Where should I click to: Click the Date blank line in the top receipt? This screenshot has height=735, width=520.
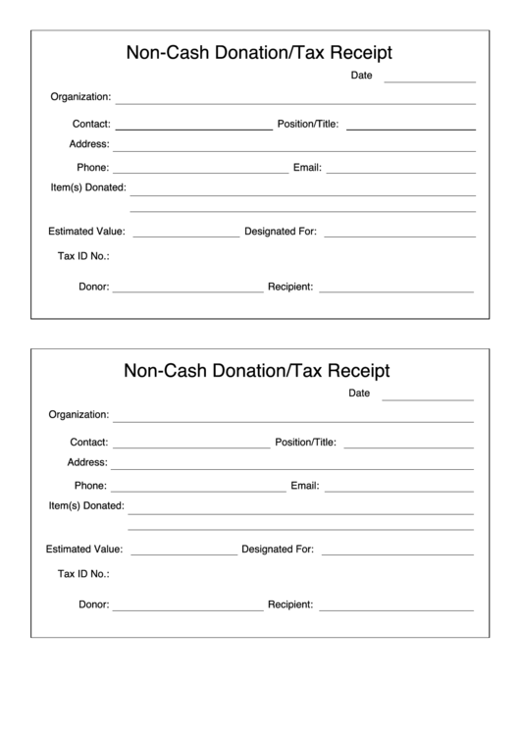pos(430,80)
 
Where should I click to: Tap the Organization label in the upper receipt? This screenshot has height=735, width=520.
pos(80,97)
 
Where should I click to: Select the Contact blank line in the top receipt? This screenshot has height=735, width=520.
pos(193,129)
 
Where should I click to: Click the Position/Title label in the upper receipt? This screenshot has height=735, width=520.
pos(308,125)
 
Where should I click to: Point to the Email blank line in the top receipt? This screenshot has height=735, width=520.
pos(400,172)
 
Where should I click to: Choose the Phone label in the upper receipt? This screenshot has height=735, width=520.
pos(93,168)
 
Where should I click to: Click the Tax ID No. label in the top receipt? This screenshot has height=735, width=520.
pos(83,257)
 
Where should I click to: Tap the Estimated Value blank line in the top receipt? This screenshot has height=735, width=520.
pos(185,236)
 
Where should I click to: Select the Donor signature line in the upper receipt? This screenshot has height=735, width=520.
pos(187,291)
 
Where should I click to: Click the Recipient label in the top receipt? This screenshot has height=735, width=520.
pos(290,288)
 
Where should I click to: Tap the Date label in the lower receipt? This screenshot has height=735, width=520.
pos(359,394)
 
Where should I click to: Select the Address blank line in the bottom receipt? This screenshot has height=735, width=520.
pos(292,468)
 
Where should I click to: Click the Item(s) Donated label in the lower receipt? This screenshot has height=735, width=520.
pos(86,506)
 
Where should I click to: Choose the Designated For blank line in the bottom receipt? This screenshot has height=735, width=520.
pos(397,554)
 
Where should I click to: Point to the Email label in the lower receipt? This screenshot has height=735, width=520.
pos(304,486)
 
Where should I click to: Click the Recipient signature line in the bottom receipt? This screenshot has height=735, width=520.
pos(395,609)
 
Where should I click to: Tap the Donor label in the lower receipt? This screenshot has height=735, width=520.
pos(93,605)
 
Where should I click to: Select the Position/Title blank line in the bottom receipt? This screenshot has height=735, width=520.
pos(408,446)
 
